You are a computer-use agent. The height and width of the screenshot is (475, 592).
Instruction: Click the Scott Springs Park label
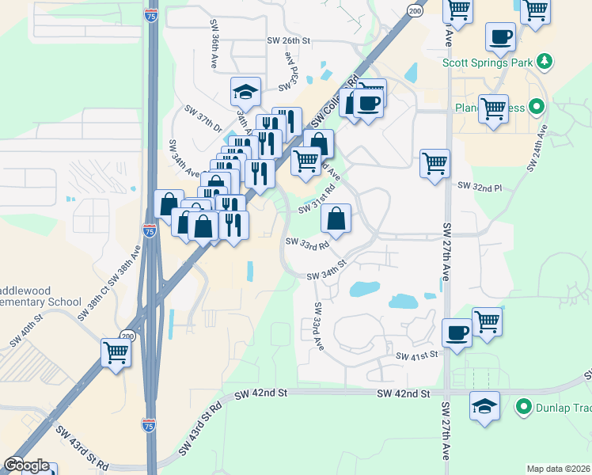pos(487,61)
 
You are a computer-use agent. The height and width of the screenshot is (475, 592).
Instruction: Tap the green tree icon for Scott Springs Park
pos(544,61)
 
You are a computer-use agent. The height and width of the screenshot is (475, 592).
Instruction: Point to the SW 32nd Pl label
pos(480,187)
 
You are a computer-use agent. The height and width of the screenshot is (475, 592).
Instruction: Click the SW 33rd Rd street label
pos(306,245)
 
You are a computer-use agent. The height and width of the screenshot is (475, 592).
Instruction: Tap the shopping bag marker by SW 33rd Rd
pos(336,218)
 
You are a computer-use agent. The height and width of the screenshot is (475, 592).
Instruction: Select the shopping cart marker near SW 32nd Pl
pos(435,163)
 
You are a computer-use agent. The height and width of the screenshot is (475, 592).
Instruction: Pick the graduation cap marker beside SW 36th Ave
pos(245,93)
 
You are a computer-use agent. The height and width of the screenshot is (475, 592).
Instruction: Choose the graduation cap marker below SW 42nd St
pos(484,405)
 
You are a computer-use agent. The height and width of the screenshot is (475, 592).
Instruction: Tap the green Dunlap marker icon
pos(522,408)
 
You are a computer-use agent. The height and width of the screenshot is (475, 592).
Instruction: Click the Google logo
pos(26,465)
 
